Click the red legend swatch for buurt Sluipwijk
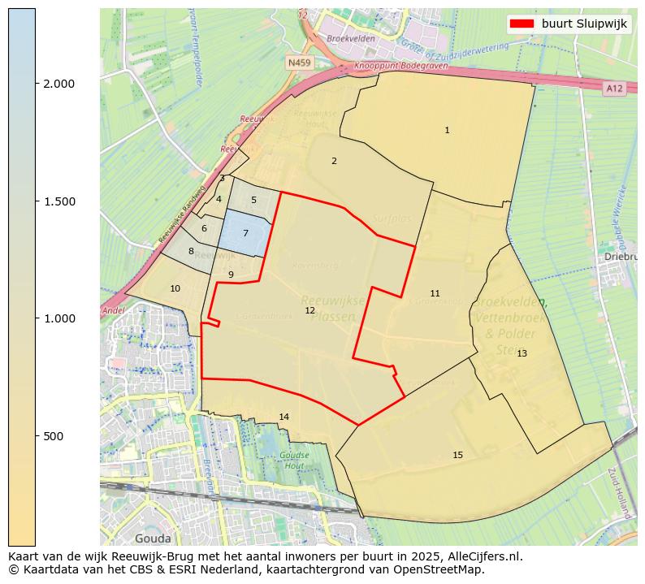(522, 24)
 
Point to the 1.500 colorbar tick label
(58, 201)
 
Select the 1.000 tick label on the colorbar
(58, 318)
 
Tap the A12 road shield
(613, 88)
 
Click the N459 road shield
(298, 62)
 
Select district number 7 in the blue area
(245, 234)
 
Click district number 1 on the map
(447, 130)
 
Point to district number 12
(310, 311)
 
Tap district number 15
(457, 455)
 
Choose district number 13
(522, 353)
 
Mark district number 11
(435, 293)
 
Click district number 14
(284, 417)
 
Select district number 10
(175, 288)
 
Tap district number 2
(334, 161)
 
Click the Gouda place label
(153, 538)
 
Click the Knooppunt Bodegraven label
(393, 66)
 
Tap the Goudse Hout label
(294, 460)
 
